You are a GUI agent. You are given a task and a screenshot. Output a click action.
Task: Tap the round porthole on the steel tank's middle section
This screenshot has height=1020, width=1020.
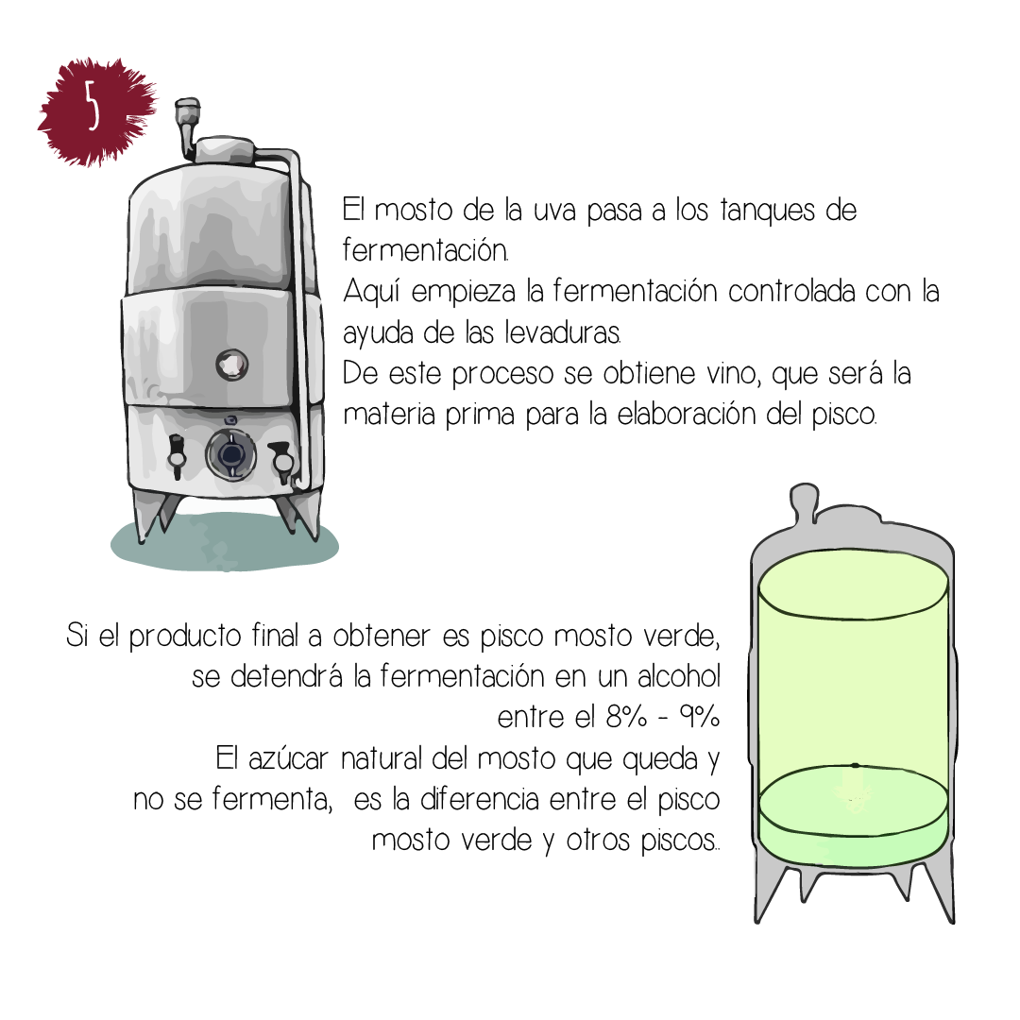[x=232, y=365]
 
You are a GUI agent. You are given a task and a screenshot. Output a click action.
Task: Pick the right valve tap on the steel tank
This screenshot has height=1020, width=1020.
[x=281, y=461]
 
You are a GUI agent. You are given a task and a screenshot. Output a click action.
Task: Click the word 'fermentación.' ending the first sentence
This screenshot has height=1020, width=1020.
[x=425, y=249]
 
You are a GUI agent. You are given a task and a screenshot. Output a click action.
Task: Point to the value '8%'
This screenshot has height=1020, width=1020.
[x=626, y=717]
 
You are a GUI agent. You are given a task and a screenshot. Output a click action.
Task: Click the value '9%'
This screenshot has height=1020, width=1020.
[x=700, y=717]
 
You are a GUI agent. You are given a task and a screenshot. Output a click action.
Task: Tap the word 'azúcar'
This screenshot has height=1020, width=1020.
[x=288, y=758]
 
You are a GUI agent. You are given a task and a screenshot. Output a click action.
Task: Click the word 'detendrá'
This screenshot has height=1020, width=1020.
[x=286, y=676]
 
